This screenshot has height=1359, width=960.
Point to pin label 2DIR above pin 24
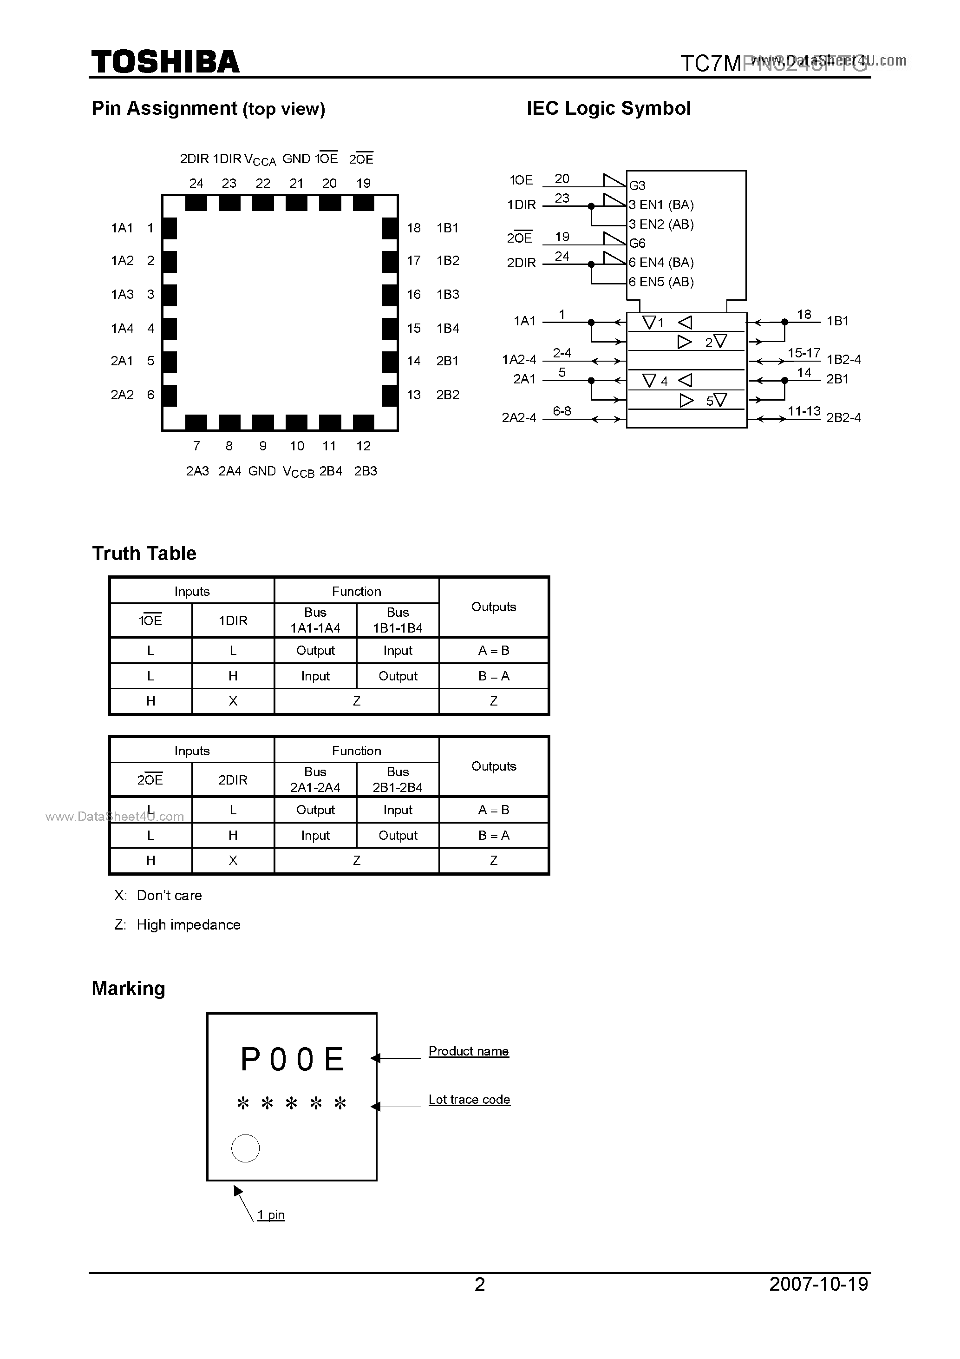[x=194, y=158]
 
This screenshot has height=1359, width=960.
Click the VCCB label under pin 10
[x=298, y=472]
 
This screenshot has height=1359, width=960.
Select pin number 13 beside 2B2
[x=413, y=395]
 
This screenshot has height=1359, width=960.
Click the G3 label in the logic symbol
[x=637, y=185]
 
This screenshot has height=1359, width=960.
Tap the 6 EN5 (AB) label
[x=661, y=282]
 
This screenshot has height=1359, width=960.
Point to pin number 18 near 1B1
[x=804, y=314]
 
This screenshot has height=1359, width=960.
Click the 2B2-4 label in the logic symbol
[x=843, y=417]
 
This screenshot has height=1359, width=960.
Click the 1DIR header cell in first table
[x=233, y=620]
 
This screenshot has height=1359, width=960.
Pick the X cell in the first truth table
[x=233, y=701]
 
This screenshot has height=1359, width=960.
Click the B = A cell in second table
[x=493, y=835]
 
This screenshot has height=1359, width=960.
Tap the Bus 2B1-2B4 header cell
[x=398, y=779]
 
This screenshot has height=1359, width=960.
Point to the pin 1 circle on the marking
[x=246, y=1148]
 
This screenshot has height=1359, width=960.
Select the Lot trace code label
[x=469, y=1100]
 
